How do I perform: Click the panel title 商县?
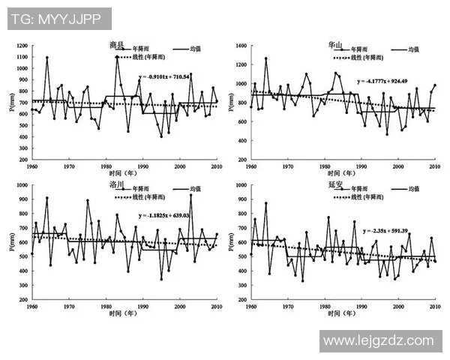117,46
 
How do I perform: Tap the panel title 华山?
335,46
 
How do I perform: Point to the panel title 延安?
335,184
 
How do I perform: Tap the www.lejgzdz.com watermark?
377,341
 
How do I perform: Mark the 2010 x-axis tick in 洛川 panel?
217,307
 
